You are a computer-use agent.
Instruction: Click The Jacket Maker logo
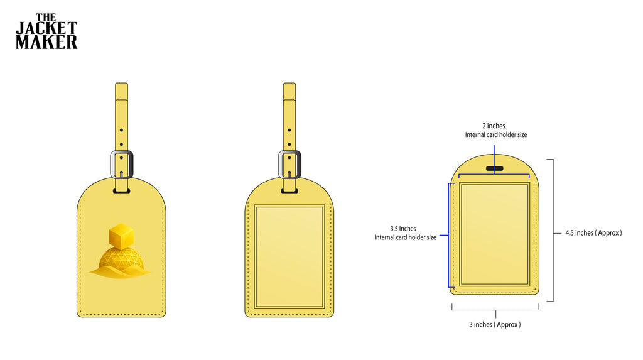pyautogui.click(x=46, y=31)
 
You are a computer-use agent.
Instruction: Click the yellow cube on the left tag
pyautogui.click(x=121, y=236)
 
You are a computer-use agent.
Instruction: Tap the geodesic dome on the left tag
pyautogui.click(x=121, y=259)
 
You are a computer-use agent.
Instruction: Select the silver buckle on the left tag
pyautogui.click(x=121, y=164)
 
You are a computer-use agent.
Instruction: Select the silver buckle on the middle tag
pyautogui.click(x=289, y=164)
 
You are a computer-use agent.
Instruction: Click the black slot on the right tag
pyautogui.click(x=495, y=168)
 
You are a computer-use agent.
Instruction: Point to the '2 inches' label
pyautogui.click(x=494, y=126)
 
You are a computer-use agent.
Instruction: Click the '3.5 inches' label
pyautogui.click(x=403, y=229)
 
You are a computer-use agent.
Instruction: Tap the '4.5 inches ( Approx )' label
pyautogui.click(x=593, y=232)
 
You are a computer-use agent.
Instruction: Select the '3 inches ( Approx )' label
pyautogui.click(x=495, y=324)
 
